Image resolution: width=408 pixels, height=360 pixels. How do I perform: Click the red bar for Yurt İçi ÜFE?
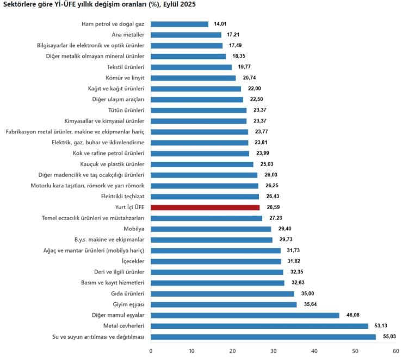point(205,208)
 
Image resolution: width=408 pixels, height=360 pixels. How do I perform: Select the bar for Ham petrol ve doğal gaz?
point(180,24)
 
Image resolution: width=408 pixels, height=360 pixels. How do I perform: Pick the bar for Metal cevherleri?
point(259,326)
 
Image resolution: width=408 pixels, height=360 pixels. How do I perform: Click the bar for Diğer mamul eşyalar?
point(245,315)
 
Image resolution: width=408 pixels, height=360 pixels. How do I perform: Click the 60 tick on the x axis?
point(396,351)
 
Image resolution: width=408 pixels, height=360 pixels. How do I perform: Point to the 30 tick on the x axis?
point(274,351)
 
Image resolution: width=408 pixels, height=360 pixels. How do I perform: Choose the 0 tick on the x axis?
point(151,351)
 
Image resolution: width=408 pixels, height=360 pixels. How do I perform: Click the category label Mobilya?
point(134,229)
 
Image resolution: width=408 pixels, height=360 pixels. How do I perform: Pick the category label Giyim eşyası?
point(128,304)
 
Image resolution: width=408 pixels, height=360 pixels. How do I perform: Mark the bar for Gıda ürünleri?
point(222,294)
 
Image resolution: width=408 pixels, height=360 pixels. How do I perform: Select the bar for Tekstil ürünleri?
point(191,67)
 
